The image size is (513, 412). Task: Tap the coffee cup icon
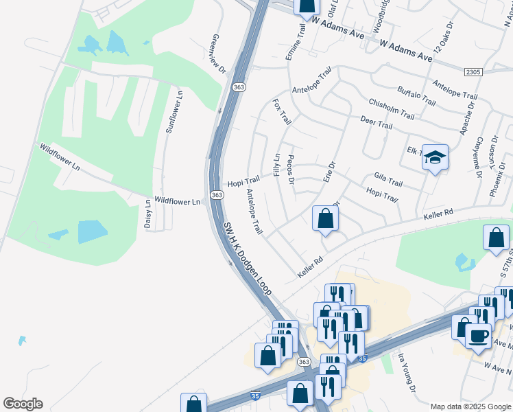(x=478, y=336)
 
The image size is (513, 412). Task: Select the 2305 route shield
(x=473, y=72)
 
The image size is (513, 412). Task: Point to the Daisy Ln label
(x=147, y=214)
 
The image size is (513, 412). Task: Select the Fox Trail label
(x=282, y=112)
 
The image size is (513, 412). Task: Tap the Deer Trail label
(x=377, y=122)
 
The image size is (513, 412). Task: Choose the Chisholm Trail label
(x=392, y=106)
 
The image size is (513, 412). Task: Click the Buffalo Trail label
(x=416, y=95)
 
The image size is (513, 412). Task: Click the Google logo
(x=23, y=404)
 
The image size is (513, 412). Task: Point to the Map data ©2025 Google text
(x=471, y=407)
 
